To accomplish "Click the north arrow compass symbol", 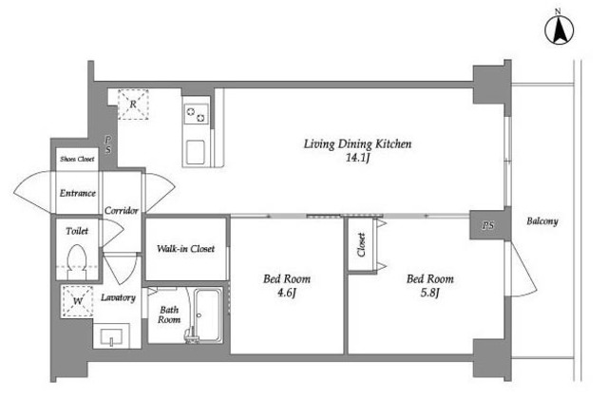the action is pyautogui.click(x=559, y=30).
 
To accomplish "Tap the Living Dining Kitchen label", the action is pyautogui.click(x=357, y=143).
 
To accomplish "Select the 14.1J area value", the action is pyautogui.click(x=357, y=158).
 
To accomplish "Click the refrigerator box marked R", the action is pyautogui.click(x=133, y=104).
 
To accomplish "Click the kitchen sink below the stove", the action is pyautogui.click(x=196, y=152).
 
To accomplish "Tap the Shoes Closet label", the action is pyautogui.click(x=77, y=159).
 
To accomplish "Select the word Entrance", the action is pyautogui.click(x=78, y=193).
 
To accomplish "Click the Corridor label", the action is pyautogui.click(x=122, y=211).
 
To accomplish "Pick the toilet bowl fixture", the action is pyautogui.click(x=77, y=261).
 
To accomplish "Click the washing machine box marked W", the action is pyautogui.click(x=78, y=301).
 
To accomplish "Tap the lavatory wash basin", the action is pyautogui.click(x=112, y=336).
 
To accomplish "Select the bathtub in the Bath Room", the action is pyautogui.click(x=208, y=315).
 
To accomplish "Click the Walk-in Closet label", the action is pyautogui.click(x=185, y=249).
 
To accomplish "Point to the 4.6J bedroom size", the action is pyautogui.click(x=286, y=293).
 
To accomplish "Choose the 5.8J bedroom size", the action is pyautogui.click(x=429, y=293).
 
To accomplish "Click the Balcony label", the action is pyautogui.click(x=542, y=221).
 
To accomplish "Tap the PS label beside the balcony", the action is pyautogui.click(x=488, y=225).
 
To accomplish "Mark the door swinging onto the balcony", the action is pyautogui.click(x=522, y=269).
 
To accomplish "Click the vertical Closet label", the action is pyautogui.click(x=361, y=244).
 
